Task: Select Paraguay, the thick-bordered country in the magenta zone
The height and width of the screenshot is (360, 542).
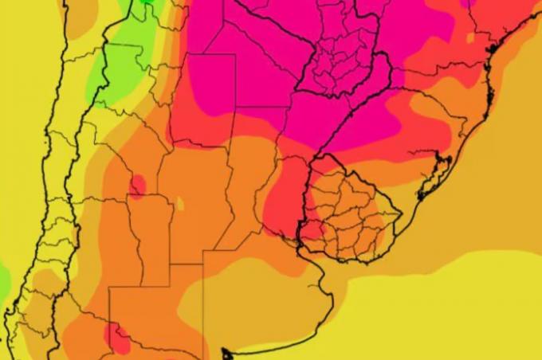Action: tap(343, 48)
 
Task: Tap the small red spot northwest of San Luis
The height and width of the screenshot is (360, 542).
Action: tap(137, 186)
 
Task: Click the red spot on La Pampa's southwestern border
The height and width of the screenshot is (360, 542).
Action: tap(118, 338)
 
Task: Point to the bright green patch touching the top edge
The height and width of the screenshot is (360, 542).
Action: tap(144, 10)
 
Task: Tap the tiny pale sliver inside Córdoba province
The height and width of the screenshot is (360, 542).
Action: tap(180, 204)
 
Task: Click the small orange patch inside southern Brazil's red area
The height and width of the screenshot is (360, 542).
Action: tap(470, 37)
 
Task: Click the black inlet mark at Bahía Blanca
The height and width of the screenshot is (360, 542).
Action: tap(226, 351)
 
